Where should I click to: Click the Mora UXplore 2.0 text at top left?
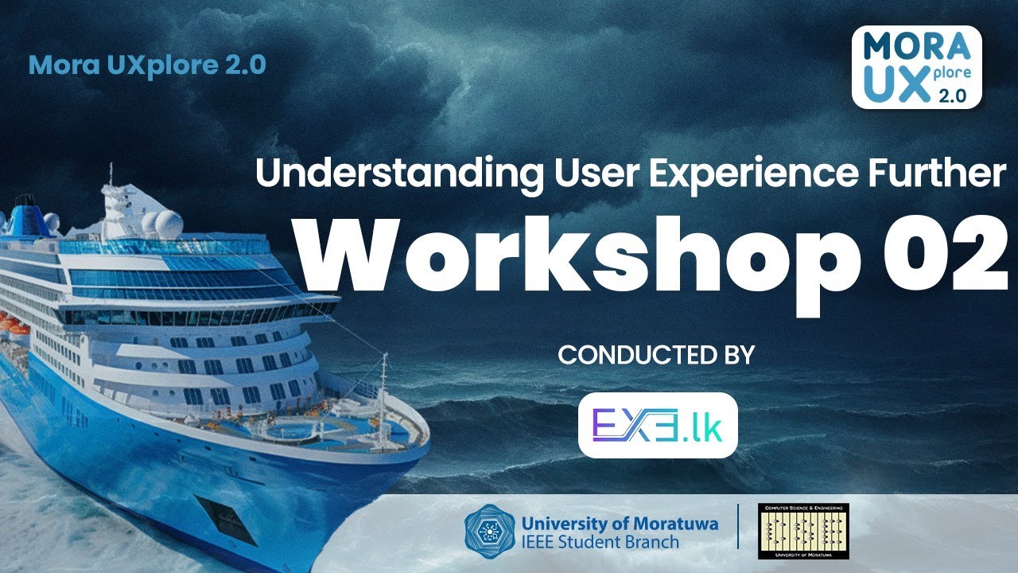point(147,65)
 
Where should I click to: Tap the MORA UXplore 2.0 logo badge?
point(916,67)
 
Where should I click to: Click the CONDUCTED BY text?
point(655,355)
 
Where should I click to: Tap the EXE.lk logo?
point(657,425)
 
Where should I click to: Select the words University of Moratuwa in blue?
point(620,524)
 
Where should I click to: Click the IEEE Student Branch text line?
point(600,543)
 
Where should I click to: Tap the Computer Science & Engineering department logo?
point(802,530)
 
